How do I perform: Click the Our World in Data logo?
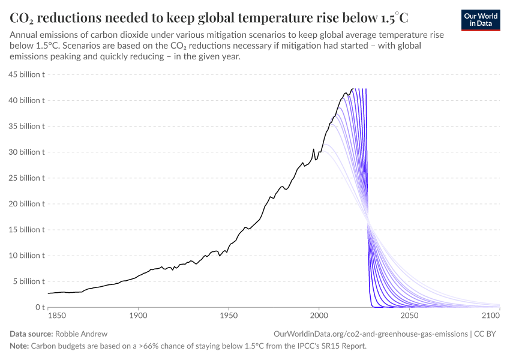[480, 20]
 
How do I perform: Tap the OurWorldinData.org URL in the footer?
[370, 334]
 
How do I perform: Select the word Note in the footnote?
[19, 346]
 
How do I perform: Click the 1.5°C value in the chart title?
[394, 17]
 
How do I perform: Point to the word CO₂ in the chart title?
[21, 17]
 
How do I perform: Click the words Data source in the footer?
[31, 334]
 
